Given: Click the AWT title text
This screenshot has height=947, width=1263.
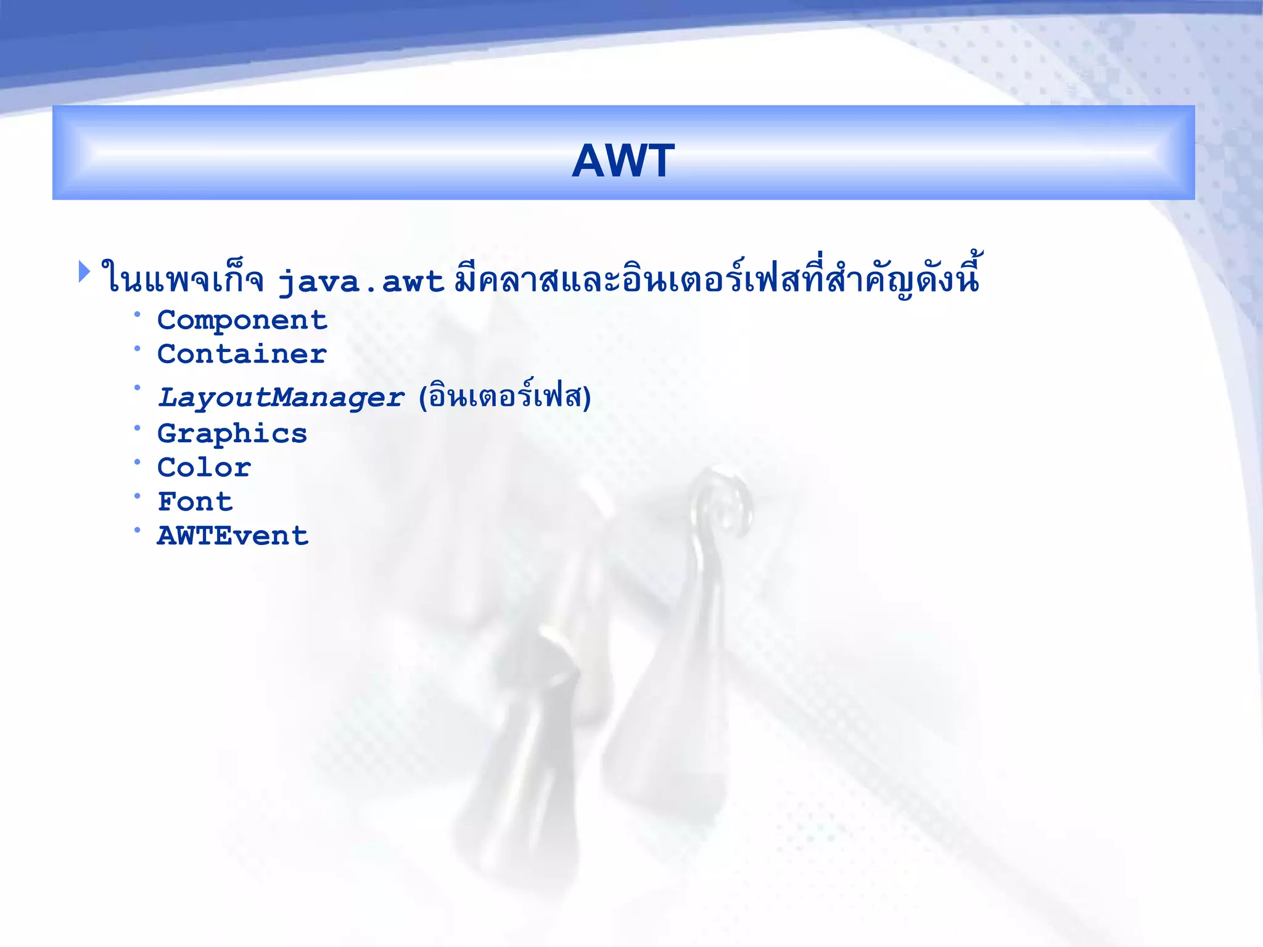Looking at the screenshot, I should point(623,161).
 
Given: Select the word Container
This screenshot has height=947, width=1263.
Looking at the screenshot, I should point(242,355).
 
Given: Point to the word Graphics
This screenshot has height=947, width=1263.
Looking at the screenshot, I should point(232,434).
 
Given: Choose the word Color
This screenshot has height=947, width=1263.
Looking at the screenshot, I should point(204,468).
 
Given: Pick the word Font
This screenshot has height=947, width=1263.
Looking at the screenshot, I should point(195,502).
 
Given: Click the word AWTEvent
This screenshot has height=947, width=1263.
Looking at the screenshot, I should point(232,536).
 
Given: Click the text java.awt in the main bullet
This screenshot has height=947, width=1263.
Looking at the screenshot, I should point(361,282).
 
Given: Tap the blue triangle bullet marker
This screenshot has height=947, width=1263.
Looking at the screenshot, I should point(84,272).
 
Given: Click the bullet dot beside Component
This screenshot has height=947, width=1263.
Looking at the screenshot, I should point(138,315).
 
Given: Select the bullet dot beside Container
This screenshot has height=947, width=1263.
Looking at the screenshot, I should point(138,349).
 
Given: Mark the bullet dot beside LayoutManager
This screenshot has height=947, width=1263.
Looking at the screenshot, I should point(138,388).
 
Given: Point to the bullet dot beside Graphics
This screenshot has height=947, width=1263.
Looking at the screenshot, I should point(138,428).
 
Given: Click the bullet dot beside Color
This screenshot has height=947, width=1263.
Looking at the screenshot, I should point(138,462).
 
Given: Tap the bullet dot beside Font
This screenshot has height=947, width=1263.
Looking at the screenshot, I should point(138,496).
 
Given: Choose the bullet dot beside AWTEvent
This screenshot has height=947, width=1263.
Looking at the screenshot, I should point(138,530).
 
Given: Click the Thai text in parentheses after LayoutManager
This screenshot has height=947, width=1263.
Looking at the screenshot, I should point(504,396).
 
